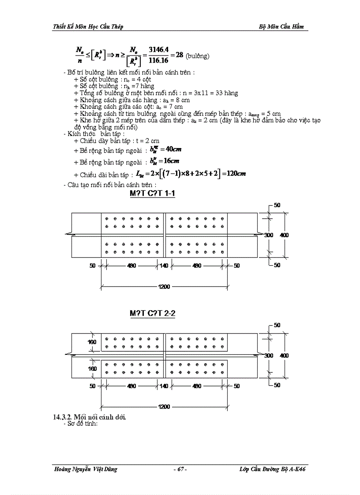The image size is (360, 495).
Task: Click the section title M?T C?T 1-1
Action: tap(152, 194)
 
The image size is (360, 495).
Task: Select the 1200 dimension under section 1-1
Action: tap(164, 287)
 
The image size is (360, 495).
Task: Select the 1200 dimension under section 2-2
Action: tap(164, 407)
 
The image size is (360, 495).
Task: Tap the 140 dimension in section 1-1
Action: tap(164, 266)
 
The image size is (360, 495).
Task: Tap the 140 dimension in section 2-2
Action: tap(164, 386)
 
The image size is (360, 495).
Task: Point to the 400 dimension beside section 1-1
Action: tap(284, 235)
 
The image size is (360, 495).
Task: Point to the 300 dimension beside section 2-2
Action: tap(269, 355)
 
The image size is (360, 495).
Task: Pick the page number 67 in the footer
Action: tap(180, 469)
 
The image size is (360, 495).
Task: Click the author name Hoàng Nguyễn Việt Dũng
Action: tap(85, 469)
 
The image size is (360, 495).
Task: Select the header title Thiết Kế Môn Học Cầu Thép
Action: tap(88, 26)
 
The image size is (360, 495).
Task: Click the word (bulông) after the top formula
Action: tap(197, 56)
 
